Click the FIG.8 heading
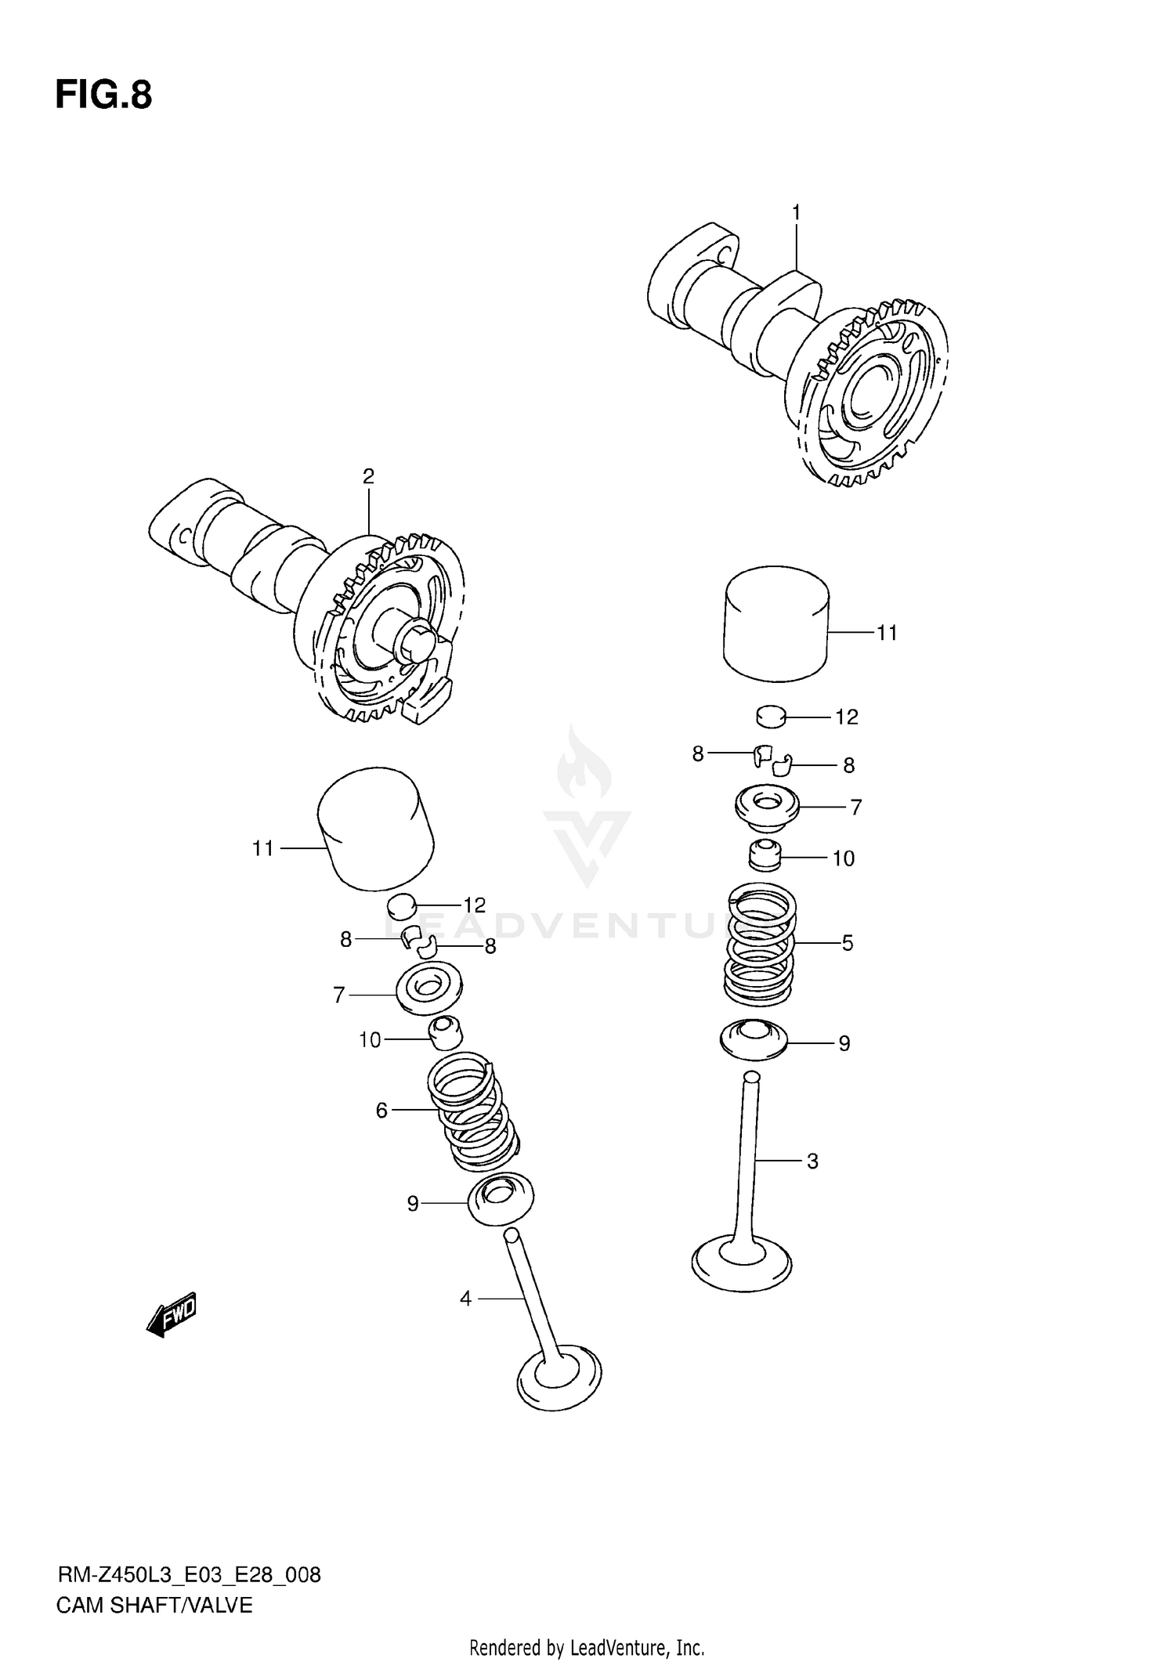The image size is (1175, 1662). tap(103, 96)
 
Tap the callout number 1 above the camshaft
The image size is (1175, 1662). tap(796, 212)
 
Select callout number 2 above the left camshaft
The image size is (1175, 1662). tap(368, 476)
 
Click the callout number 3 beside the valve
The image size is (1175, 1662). tap(812, 1161)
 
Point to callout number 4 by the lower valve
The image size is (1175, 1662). tap(465, 1299)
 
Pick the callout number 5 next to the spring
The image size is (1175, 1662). tap(848, 943)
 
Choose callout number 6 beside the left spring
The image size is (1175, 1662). tap(381, 1111)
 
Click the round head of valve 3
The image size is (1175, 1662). tap(742, 1263)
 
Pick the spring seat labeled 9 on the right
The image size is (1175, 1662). tap(753, 1040)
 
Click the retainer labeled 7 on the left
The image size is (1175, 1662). tap(428, 989)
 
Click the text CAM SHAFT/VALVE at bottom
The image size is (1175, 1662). tap(154, 1605)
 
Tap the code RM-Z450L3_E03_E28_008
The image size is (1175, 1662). tap(189, 1574)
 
